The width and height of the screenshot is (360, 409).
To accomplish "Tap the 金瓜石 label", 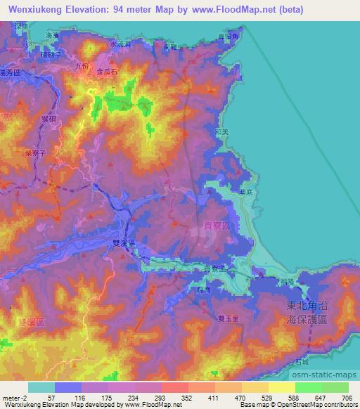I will [108, 72].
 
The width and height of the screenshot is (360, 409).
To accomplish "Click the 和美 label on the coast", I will [221, 131].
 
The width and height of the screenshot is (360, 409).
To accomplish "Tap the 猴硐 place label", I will [49, 121].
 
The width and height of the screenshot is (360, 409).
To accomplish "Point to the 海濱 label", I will [51, 34].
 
